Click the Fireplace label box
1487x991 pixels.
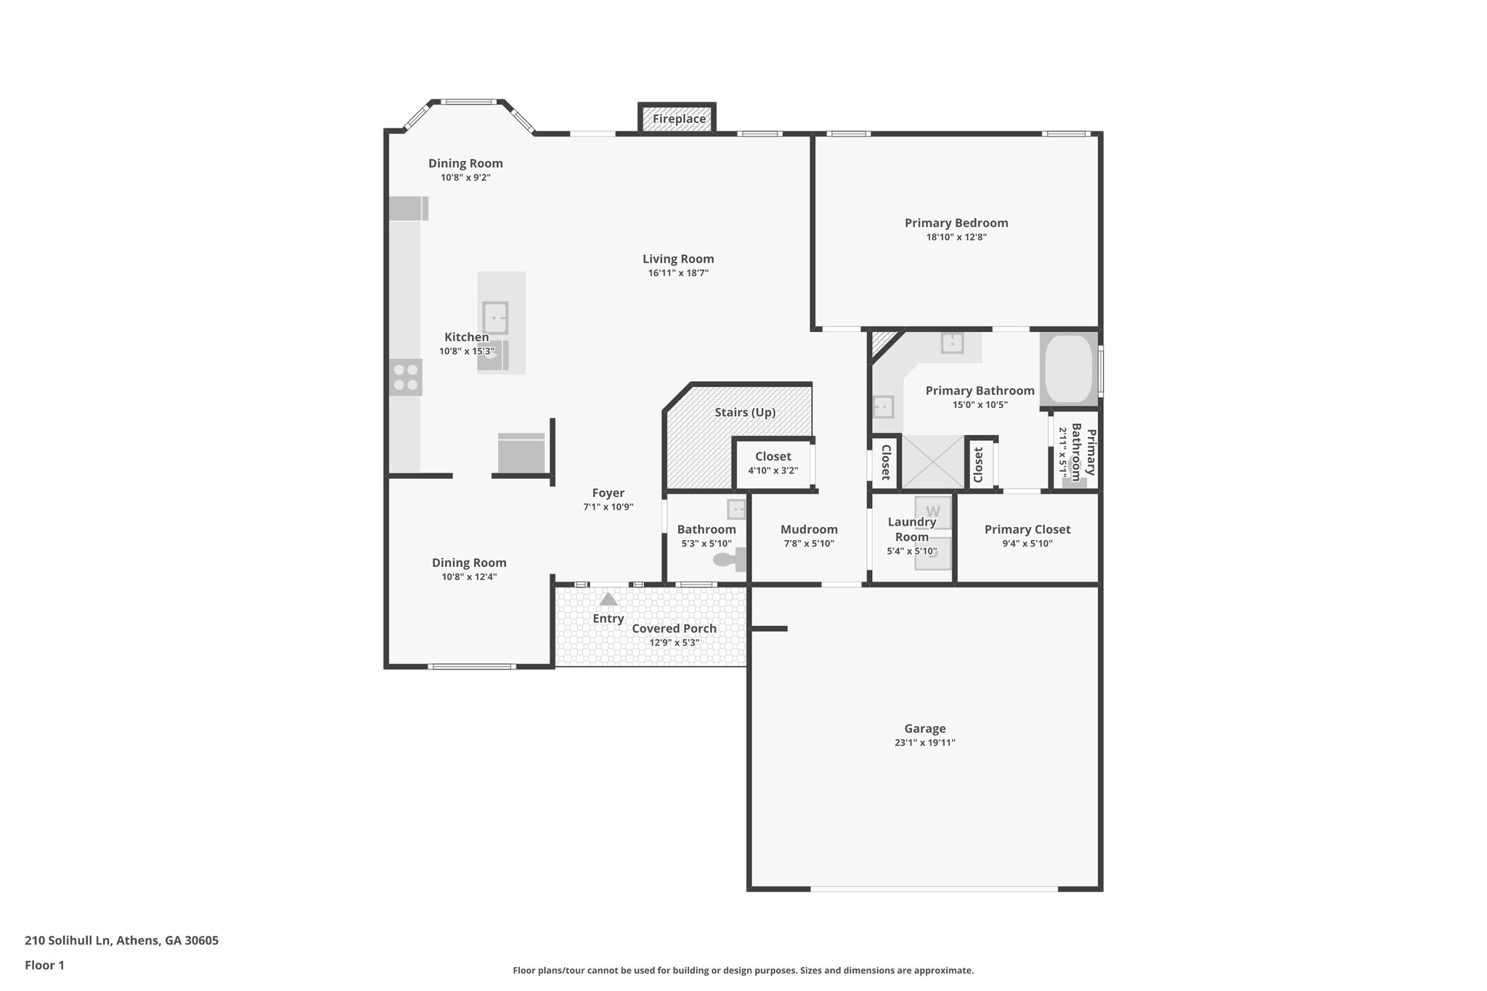pos(678,119)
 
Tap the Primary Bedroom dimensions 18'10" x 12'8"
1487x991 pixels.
pos(956,237)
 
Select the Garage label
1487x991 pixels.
pos(924,729)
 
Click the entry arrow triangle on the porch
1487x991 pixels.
pos(608,600)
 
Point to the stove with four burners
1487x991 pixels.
pos(405,378)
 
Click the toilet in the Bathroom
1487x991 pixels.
pos(730,559)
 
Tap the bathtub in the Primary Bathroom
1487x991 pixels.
pos(1068,370)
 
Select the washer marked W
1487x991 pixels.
pos(932,512)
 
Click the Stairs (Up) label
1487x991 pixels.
pos(745,412)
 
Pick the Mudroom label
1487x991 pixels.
pos(809,530)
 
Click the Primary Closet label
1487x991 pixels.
pos(1027,530)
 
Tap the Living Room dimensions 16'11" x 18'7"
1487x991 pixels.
pos(678,274)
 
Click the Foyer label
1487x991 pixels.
pos(608,494)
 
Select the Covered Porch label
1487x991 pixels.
pos(674,629)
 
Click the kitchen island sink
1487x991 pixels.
pos(495,318)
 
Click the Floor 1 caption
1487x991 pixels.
pos(44,966)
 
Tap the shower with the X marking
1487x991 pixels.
pos(932,462)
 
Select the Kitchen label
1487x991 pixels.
pos(466,338)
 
